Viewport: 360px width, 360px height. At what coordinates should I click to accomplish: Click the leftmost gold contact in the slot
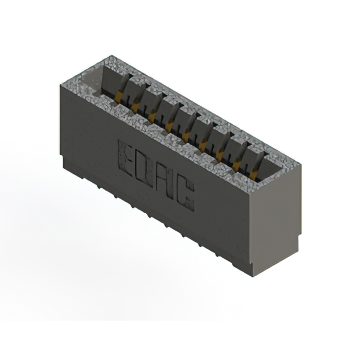(x=118, y=97)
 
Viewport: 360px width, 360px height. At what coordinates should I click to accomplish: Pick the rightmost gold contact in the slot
(x=253, y=174)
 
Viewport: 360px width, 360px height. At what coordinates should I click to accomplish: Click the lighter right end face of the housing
(x=276, y=225)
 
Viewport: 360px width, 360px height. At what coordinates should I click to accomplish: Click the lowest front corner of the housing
(x=254, y=275)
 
